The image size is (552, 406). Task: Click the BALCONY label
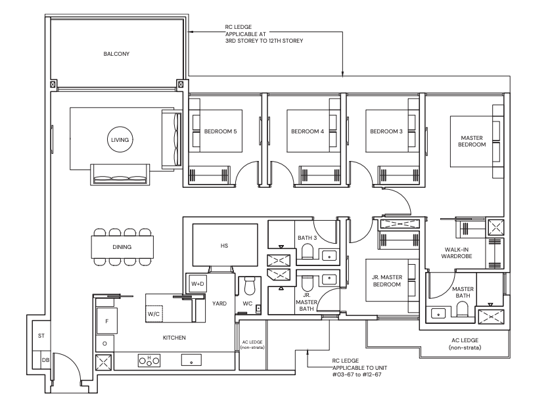pyautogui.click(x=116, y=54)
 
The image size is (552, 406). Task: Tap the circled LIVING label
pyautogui.click(x=120, y=140)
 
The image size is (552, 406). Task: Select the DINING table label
pyautogui.click(x=122, y=247)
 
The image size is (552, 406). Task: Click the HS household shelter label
pyautogui.click(x=224, y=246)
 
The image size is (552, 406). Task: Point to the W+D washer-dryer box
pyautogui.click(x=198, y=284)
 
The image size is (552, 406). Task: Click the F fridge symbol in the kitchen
pyautogui.click(x=107, y=321)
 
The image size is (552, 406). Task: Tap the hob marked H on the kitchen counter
pyautogui.click(x=149, y=360)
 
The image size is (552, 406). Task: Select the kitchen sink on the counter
pyautogui.click(x=191, y=360)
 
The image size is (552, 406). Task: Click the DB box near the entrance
pyautogui.click(x=45, y=360)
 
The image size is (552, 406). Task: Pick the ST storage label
pyautogui.click(x=41, y=336)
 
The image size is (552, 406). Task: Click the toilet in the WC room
pyautogui.click(x=250, y=286)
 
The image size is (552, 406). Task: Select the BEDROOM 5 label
pyautogui.click(x=220, y=131)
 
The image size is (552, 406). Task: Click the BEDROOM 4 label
pyautogui.click(x=308, y=131)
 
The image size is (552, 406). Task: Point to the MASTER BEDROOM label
pyautogui.click(x=472, y=141)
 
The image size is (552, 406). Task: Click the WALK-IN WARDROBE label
pyautogui.click(x=457, y=253)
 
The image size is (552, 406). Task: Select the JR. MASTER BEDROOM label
pyautogui.click(x=387, y=281)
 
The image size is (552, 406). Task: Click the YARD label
pyautogui.click(x=219, y=304)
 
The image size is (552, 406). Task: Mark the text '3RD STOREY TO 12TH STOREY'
pyautogui.click(x=264, y=41)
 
